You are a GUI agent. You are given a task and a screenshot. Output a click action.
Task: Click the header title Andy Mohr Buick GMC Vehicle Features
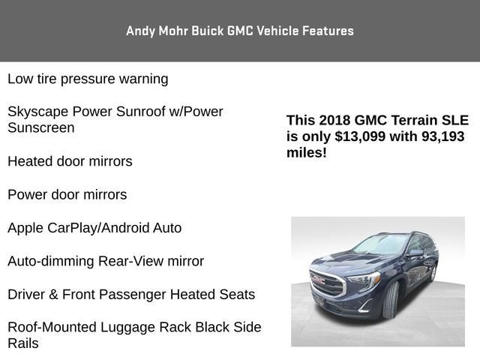(240, 31)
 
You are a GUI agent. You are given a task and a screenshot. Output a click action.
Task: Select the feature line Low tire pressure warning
(88, 79)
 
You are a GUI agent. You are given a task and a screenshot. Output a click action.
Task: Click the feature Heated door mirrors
(70, 161)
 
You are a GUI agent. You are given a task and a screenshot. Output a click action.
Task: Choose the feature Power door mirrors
(67, 195)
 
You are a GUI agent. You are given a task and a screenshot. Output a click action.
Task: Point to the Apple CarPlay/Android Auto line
(94, 228)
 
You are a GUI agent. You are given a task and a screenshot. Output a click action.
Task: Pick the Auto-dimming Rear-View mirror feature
(106, 261)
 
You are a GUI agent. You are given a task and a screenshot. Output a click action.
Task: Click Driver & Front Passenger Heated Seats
(131, 295)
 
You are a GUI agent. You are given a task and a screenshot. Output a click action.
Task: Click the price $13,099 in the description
(361, 136)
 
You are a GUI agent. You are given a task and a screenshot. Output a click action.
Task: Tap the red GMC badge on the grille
(319, 279)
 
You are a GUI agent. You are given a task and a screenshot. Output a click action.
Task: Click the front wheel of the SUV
(390, 299)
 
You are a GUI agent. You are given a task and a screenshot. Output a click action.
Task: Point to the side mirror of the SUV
(415, 253)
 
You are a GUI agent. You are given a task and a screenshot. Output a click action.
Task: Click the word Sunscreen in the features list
(41, 128)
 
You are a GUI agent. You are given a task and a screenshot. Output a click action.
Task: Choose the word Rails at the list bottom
(23, 343)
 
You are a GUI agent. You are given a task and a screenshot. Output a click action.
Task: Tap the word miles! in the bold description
(307, 153)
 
